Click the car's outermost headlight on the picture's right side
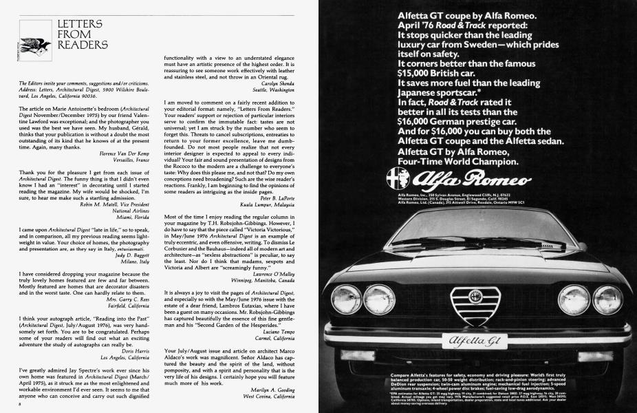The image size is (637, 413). click(x=608, y=300)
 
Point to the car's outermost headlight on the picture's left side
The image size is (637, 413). click(x=345, y=299)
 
